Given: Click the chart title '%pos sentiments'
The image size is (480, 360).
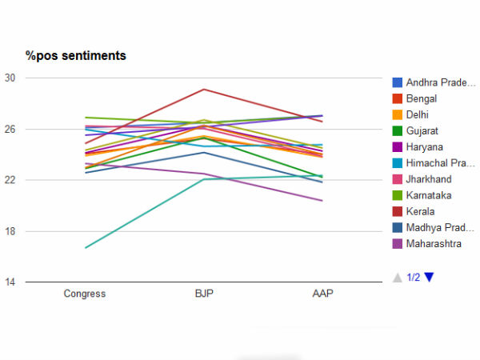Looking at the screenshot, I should [76, 55].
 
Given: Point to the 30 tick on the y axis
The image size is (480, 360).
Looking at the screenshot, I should [10, 78].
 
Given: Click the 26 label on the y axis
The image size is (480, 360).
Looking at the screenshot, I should [10, 129].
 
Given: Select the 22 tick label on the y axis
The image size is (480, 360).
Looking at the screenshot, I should [10, 180].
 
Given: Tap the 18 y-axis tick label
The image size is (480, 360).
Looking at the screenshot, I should [10, 231].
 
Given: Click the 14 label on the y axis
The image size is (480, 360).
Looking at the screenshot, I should [10, 282].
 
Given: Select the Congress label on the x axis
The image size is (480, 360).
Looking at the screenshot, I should [85, 294].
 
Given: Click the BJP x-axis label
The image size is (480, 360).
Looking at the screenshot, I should [204, 294].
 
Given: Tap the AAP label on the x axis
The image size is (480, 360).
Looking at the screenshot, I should [323, 294].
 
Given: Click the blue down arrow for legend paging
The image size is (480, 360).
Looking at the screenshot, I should [430, 277].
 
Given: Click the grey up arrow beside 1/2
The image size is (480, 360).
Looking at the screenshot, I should [397, 277].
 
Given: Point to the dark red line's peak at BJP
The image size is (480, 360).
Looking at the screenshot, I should [204, 89].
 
